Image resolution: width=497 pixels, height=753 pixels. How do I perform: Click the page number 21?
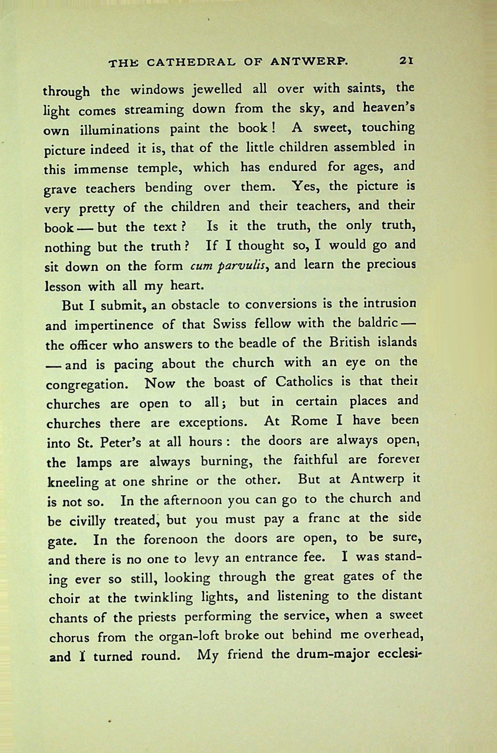click(405, 61)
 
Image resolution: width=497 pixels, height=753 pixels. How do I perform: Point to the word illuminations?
click(119, 130)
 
